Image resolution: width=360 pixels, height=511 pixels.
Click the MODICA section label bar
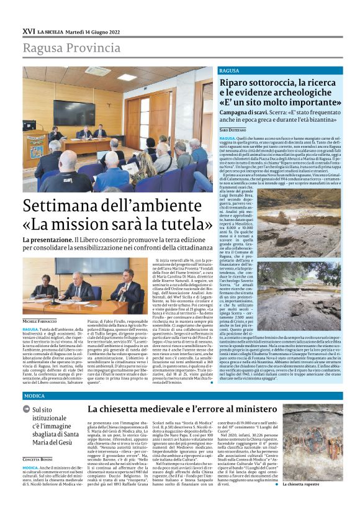point(180,396)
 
